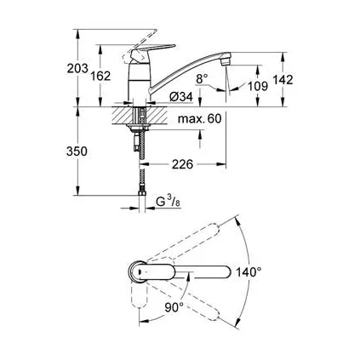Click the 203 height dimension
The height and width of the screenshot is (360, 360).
tap(79, 77)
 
